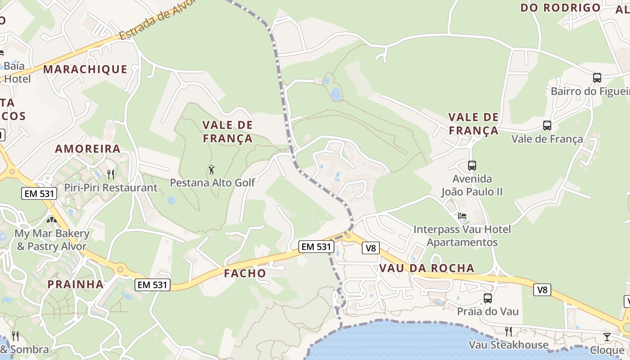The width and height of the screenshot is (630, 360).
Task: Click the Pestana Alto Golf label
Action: click(x=212, y=183)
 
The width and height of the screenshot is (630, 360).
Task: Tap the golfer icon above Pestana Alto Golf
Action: click(x=211, y=170)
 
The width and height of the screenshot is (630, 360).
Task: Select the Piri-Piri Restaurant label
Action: click(x=111, y=188)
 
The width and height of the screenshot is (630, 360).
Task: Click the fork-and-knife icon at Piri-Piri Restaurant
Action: click(x=111, y=174)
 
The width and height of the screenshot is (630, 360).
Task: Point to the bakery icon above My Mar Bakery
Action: click(x=52, y=220)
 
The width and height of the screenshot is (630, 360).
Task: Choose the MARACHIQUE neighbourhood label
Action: click(x=85, y=69)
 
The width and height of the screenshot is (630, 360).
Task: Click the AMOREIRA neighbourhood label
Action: click(x=88, y=149)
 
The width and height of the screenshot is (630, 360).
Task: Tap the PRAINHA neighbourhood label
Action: click(x=76, y=284)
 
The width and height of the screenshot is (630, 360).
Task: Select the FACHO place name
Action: click(x=245, y=273)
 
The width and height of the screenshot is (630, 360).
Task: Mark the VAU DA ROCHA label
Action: click(x=427, y=268)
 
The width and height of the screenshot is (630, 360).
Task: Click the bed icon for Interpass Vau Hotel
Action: click(x=462, y=216)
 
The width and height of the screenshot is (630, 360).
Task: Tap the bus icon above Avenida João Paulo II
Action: click(x=472, y=166)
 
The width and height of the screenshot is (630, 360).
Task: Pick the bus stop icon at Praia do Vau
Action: click(x=488, y=298)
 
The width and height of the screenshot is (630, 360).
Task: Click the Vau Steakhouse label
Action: click(x=508, y=345)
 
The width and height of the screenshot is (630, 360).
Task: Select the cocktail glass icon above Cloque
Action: click(x=607, y=337)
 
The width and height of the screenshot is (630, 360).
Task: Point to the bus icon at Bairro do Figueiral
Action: click(x=597, y=78)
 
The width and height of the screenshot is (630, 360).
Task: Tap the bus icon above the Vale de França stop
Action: click(x=547, y=126)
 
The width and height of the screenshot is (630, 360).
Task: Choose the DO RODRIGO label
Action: click(x=560, y=8)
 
